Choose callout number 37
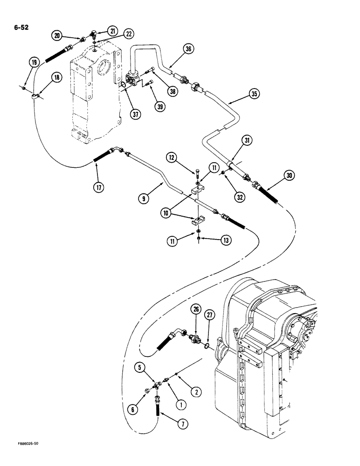tap(135, 114)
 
